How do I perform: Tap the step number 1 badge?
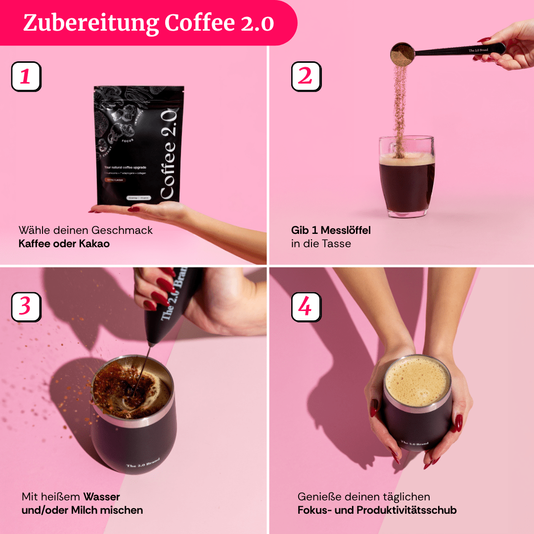click(x=26, y=77)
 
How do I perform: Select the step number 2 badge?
click(x=306, y=77)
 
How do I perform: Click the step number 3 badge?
click(x=26, y=307)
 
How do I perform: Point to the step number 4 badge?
click(x=306, y=307)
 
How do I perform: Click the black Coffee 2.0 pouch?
click(x=139, y=146)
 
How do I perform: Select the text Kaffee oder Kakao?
click(x=64, y=243)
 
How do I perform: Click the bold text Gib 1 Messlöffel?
click(x=331, y=230)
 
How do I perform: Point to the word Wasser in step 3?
click(x=101, y=496)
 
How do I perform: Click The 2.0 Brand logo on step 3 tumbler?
click(x=143, y=462)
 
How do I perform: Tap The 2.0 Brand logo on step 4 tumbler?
click(x=414, y=444)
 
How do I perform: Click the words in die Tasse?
click(x=321, y=243)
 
